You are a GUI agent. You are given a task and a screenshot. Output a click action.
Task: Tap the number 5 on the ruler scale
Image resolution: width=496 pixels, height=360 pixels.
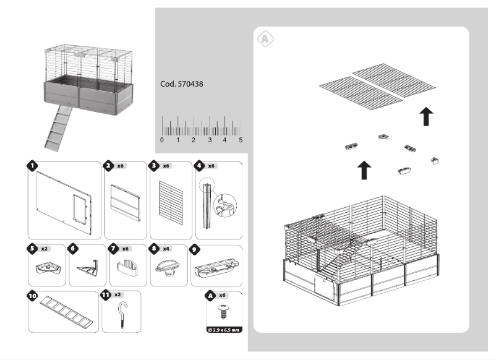[241, 140]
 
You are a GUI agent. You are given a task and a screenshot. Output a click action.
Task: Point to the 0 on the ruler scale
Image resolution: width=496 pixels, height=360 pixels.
[162, 140]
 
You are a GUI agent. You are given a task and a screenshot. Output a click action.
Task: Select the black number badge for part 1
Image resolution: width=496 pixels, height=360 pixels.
[32, 166]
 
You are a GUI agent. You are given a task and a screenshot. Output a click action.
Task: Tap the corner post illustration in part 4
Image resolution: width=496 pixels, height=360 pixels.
[209, 204]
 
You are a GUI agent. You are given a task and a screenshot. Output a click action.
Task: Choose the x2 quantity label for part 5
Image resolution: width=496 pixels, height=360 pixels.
[45, 249]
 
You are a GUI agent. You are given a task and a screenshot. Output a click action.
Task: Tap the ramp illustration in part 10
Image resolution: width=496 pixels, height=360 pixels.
[64, 309]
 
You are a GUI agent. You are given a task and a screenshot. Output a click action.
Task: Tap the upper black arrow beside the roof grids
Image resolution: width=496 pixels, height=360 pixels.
[425, 116]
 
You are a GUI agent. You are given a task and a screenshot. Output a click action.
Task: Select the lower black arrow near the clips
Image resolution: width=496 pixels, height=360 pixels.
[364, 169]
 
